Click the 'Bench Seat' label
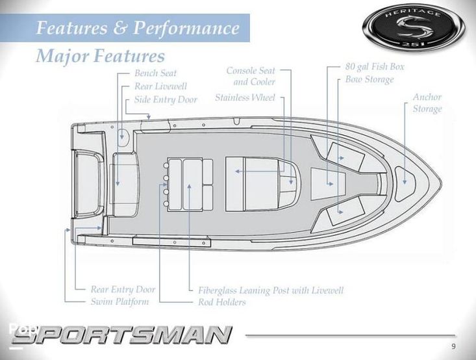point(155,73)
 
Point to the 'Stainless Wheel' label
point(245,97)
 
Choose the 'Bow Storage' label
point(370,80)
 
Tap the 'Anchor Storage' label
point(427,103)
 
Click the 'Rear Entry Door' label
point(123,289)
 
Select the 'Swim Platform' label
point(119,302)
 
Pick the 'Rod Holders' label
point(222,302)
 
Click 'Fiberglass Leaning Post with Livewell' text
point(271,290)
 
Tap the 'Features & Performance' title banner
point(137,29)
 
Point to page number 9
point(453,345)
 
